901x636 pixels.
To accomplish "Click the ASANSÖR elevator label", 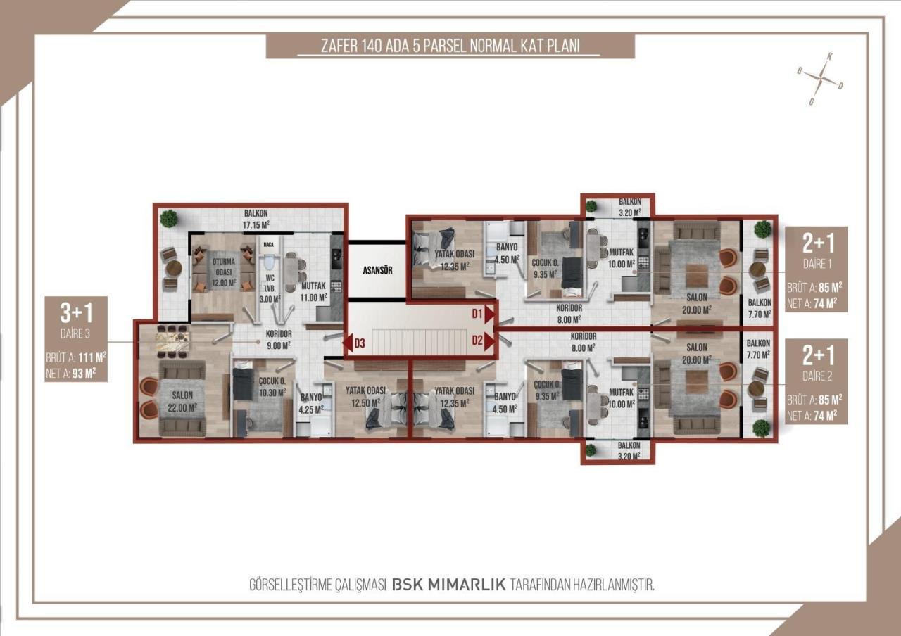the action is click(377, 271).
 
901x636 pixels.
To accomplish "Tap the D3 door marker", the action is click(354, 343).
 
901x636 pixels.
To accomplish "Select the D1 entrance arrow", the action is click(489, 314).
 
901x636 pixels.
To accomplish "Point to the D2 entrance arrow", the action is click(489, 341).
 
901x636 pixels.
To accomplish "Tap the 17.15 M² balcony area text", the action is click(256, 225).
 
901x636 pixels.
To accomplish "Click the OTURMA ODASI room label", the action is click(223, 267).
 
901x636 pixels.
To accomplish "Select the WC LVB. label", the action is click(270, 284).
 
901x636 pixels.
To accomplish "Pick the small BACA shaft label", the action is click(268, 244).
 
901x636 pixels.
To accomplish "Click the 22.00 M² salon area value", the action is click(182, 408).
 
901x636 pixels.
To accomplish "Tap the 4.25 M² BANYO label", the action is click(311, 403).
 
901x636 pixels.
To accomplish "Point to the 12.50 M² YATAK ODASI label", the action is click(365, 396).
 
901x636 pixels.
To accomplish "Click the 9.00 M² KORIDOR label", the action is click(279, 340).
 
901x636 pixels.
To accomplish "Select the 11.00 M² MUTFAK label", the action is click(313, 292).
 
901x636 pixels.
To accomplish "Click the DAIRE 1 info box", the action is click(817, 269).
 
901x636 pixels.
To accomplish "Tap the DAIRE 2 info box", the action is click(817, 381).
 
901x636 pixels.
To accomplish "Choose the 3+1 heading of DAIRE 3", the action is click(77, 313).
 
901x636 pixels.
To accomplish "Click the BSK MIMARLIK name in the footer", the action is click(448, 585).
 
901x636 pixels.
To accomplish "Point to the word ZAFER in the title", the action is click(339, 46).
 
